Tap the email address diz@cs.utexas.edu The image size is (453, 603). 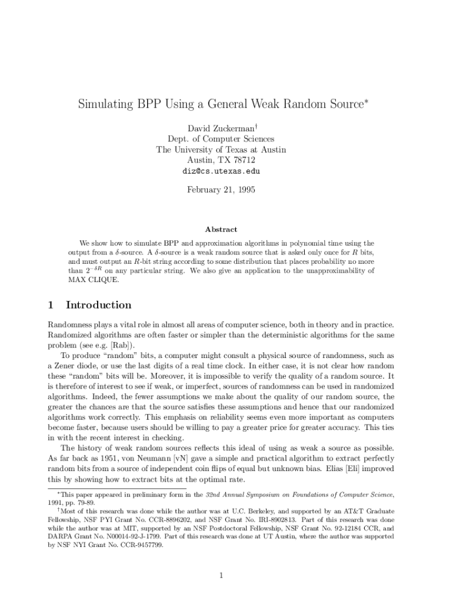(x=221, y=171)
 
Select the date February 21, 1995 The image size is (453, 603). (x=221, y=190)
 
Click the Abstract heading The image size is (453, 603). (x=221, y=230)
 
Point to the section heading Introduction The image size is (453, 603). (x=98, y=305)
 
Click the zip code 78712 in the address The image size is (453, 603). (x=242, y=160)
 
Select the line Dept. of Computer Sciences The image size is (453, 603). (x=221, y=139)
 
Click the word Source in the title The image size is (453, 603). (x=337, y=105)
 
